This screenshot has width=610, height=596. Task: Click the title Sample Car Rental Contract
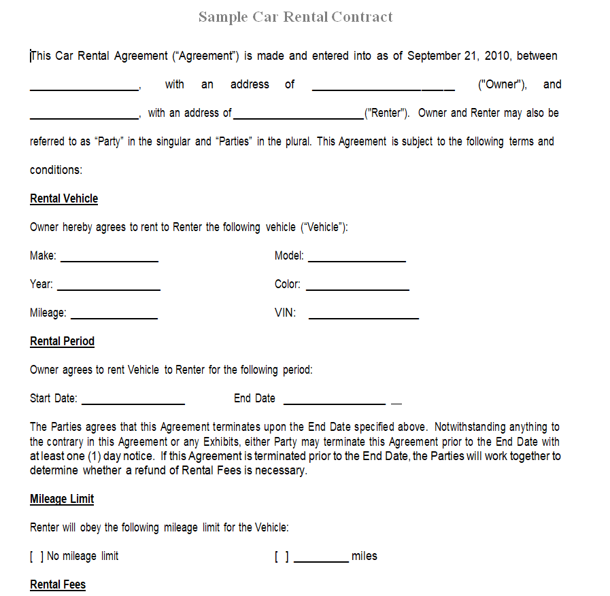[x=295, y=17]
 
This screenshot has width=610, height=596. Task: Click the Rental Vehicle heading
[x=64, y=198]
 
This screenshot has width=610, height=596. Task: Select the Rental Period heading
[x=62, y=341]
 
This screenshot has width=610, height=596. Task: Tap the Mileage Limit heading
[x=62, y=499]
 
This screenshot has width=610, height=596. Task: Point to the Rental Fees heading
[x=58, y=584]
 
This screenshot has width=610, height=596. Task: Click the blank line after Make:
[x=109, y=258]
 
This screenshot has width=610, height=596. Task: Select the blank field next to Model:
[x=356, y=258]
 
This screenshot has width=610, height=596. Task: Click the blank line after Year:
[x=109, y=287]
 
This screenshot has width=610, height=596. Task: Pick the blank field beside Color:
[x=357, y=287]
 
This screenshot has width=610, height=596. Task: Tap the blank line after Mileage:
[x=114, y=315]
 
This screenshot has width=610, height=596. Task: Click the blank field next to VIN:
[x=363, y=315]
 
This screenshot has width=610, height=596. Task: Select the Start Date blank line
[x=133, y=401]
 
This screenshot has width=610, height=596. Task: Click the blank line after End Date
[x=335, y=401]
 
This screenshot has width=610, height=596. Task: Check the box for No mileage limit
[x=37, y=557]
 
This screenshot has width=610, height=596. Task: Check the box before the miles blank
[x=282, y=557]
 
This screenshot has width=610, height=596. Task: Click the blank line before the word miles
[x=321, y=559]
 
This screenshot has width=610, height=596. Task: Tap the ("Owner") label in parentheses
[x=502, y=84]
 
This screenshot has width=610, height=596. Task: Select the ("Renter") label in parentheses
[x=387, y=113]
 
